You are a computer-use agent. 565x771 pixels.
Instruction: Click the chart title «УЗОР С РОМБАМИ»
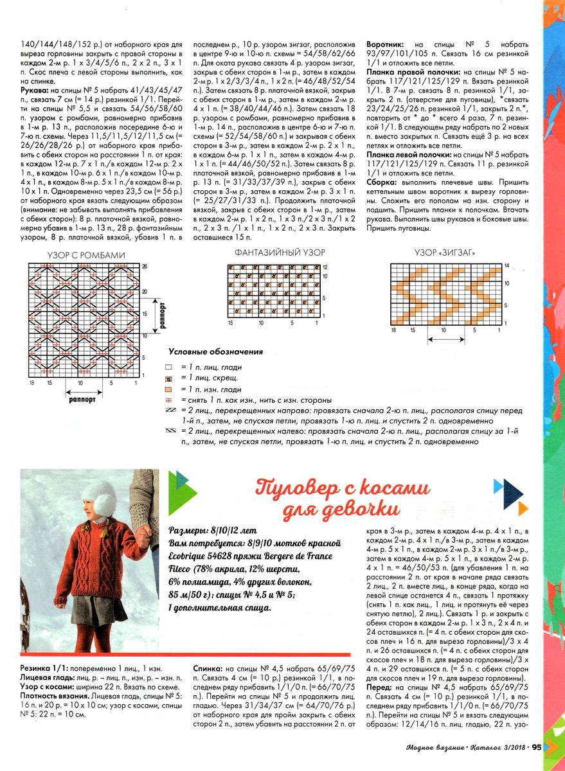click(x=86, y=255)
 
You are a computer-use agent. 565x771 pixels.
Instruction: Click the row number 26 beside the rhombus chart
click(x=145, y=266)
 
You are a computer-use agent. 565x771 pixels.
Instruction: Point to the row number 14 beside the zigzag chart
click(x=507, y=265)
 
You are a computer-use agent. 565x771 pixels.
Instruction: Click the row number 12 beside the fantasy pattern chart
click(x=325, y=267)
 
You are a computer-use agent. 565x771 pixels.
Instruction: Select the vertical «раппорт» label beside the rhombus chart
click(x=163, y=313)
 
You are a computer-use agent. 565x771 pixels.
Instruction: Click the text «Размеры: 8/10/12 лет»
click(x=212, y=532)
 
